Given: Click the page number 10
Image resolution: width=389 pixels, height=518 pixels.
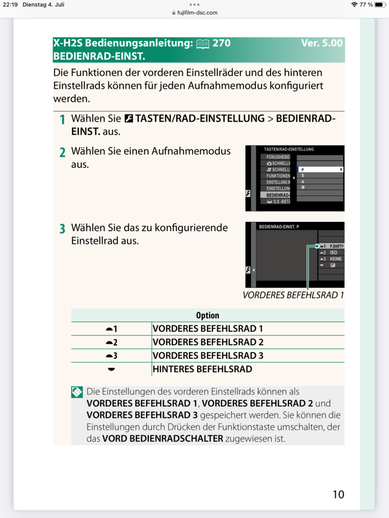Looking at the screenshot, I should click(x=338, y=494).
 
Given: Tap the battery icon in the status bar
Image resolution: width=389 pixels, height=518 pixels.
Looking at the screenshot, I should click(x=380, y=5).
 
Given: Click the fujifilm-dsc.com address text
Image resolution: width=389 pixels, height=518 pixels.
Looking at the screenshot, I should click(x=198, y=13).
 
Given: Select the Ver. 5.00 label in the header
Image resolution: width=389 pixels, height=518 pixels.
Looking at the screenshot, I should click(x=322, y=43).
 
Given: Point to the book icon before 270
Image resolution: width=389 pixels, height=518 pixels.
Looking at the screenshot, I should click(x=202, y=44).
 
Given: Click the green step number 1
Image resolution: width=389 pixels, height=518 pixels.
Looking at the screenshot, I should click(x=62, y=120).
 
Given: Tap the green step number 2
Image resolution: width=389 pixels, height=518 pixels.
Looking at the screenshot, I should click(x=62, y=153).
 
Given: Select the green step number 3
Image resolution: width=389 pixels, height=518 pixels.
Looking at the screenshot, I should click(x=62, y=230).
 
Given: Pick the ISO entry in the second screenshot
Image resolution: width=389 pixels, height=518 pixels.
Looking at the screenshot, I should click(x=333, y=253).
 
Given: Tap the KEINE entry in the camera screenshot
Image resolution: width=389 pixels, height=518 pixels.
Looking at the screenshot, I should click(x=335, y=259).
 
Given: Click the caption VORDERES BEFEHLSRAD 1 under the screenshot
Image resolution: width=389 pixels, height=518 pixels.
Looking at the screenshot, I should click(x=293, y=295).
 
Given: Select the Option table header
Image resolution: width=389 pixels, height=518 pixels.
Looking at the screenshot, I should click(x=208, y=315).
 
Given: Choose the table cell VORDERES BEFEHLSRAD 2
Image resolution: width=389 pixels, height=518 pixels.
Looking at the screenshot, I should click(x=208, y=342).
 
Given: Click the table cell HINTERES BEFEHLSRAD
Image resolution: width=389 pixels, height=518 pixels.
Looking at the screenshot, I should click(x=202, y=369).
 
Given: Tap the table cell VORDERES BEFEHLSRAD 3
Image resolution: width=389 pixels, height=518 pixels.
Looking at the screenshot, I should click(x=208, y=356).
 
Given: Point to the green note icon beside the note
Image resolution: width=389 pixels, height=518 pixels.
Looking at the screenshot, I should click(x=77, y=392).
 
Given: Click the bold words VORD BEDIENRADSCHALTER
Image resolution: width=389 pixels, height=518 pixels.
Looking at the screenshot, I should click(x=162, y=438).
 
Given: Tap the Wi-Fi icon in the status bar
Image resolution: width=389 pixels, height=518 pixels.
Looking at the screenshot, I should click(x=354, y=5).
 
